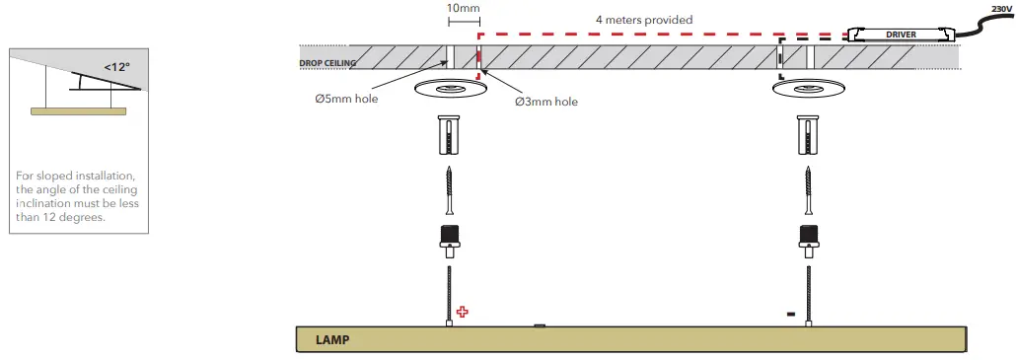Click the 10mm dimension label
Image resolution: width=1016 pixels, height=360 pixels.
(463, 8)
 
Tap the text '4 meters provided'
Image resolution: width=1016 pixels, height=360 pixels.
(643, 20)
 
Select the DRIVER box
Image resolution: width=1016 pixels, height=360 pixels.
(902, 35)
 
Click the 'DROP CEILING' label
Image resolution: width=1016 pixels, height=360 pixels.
(327, 64)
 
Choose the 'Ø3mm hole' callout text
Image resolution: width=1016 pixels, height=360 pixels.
(546, 102)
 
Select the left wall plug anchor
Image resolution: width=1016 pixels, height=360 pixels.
(449, 134)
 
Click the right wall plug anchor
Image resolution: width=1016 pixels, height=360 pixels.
(808, 134)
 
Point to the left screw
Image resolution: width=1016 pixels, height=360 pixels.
(449, 192)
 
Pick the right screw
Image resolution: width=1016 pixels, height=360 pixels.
(808, 192)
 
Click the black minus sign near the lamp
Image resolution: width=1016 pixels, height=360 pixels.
(791, 315)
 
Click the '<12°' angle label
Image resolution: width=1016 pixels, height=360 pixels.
(118, 68)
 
